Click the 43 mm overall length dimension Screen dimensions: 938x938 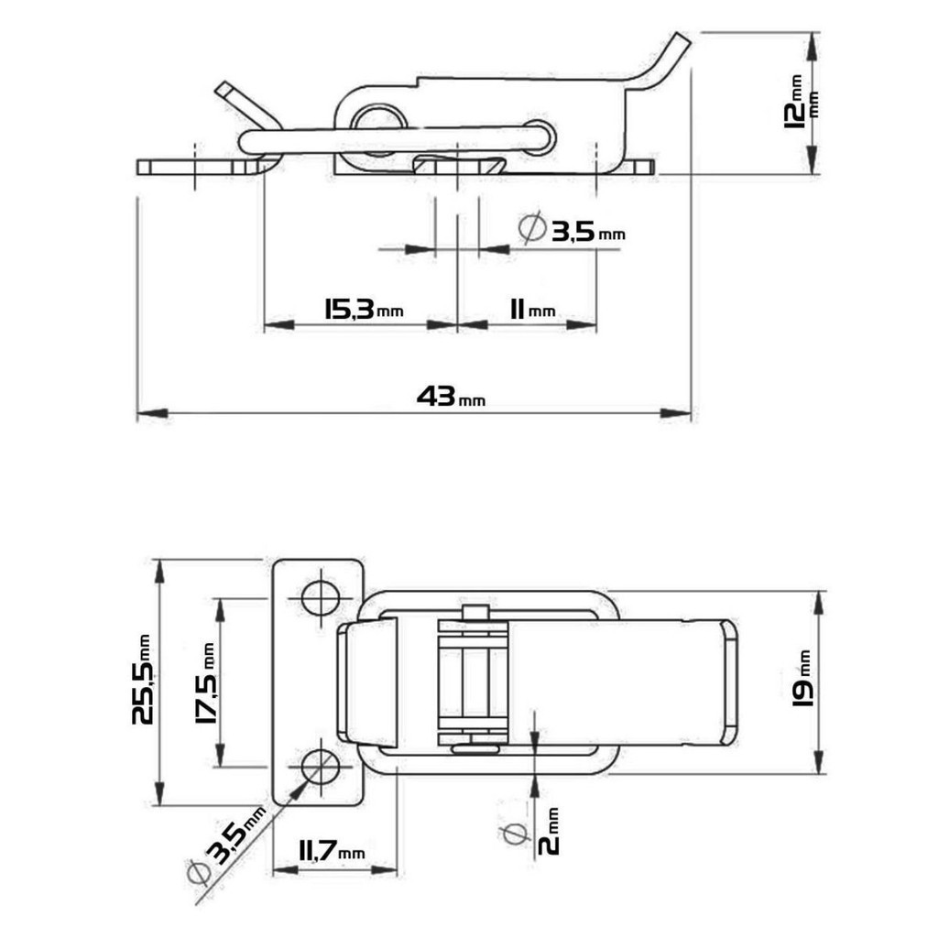451,397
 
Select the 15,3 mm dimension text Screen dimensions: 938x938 364,310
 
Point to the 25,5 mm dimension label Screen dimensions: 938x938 142,680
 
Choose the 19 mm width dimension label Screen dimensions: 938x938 802,679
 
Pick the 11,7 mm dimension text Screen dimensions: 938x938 332,850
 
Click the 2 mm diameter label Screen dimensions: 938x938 549,831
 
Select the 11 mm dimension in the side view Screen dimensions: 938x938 532,310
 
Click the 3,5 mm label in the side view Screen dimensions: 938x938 573,230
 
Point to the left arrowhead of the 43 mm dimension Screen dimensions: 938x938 152,413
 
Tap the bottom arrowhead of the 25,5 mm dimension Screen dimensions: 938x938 159,791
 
